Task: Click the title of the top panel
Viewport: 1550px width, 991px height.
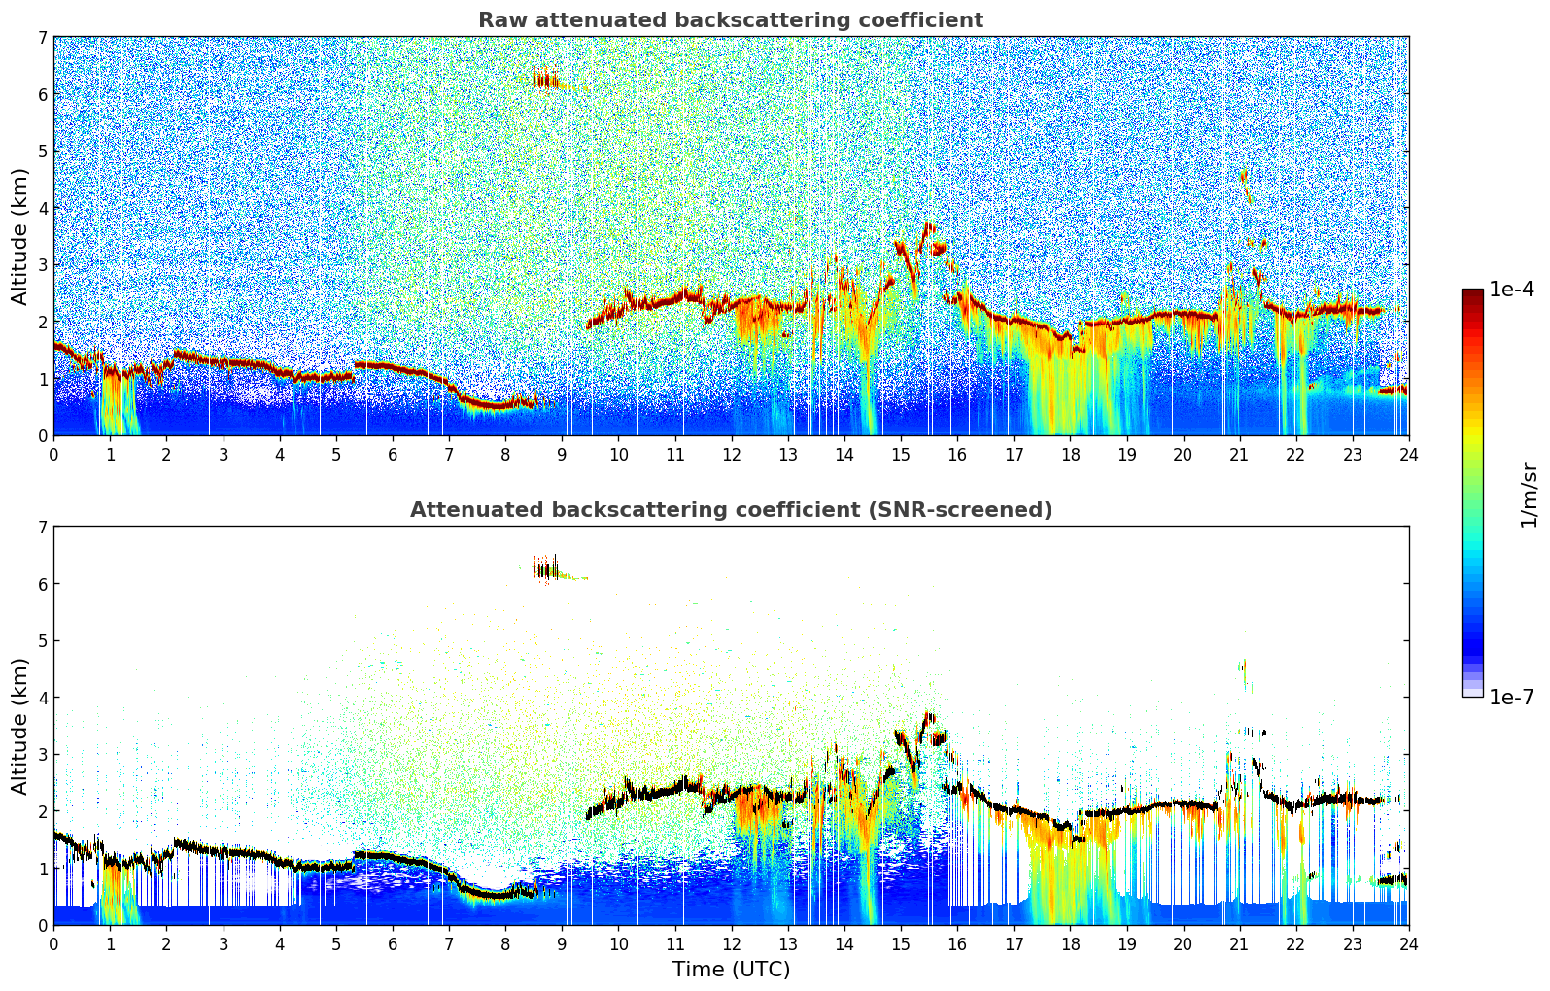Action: (x=730, y=20)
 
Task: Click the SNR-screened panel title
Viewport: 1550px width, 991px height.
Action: (x=730, y=510)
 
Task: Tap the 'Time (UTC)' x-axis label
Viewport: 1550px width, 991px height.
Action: (x=731, y=970)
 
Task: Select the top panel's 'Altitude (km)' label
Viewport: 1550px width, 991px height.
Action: (x=19, y=236)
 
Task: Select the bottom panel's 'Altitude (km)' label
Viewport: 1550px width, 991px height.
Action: (x=19, y=726)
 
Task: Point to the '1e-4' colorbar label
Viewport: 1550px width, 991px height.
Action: (x=1511, y=290)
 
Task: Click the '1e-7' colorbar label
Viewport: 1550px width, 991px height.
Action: (x=1511, y=697)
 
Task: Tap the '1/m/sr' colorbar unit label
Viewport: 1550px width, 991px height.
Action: (x=1529, y=495)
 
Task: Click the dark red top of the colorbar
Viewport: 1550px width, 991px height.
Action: (x=1472, y=294)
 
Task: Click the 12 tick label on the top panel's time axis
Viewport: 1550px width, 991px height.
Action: (x=731, y=454)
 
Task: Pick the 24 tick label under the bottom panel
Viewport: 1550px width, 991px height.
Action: (x=1408, y=943)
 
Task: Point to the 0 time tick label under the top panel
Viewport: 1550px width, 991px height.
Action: (x=53, y=454)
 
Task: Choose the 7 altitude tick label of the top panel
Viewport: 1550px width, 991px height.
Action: (x=42, y=38)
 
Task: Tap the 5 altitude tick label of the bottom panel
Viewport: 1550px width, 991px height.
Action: (x=42, y=641)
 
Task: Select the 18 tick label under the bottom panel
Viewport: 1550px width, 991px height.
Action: (x=1070, y=943)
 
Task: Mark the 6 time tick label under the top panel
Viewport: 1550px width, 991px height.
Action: (x=393, y=454)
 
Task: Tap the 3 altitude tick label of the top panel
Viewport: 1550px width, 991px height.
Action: (x=42, y=265)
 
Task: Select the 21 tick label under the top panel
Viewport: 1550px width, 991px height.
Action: (x=1239, y=454)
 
